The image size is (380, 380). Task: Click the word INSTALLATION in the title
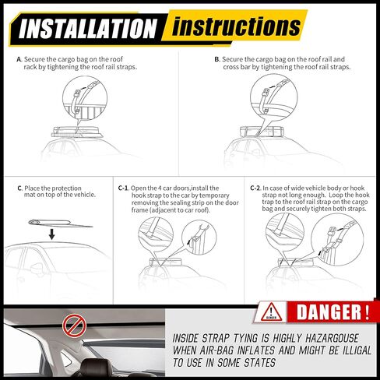click(88, 28)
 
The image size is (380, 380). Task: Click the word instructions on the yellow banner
click(236, 26)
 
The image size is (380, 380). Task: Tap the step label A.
click(19, 59)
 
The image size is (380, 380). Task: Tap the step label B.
click(217, 59)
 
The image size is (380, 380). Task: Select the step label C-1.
click(123, 188)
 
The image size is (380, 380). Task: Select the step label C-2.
click(255, 188)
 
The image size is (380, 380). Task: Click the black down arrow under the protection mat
click(52, 234)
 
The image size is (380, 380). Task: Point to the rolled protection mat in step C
click(60, 223)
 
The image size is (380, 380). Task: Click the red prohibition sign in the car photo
click(74, 325)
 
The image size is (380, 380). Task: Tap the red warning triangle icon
click(271, 311)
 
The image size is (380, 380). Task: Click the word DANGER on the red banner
click(329, 312)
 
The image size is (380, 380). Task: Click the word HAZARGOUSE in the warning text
click(332, 338)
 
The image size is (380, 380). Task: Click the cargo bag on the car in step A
click(78, 132)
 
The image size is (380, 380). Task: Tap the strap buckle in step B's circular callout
click(266, 93)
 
